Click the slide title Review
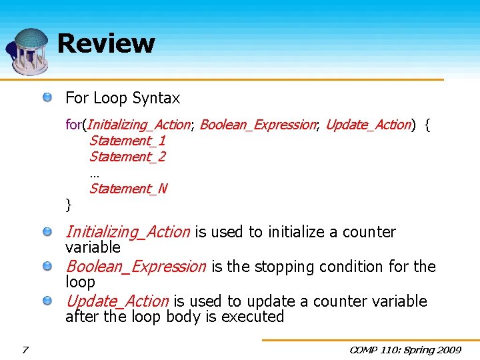point(106,43)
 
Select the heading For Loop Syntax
point(123,99)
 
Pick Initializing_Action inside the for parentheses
point(139,125)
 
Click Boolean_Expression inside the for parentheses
point(257,125)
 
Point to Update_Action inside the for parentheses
point(367,125)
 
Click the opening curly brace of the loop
point(427,125)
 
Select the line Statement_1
point(127,141)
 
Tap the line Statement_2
point(127,157)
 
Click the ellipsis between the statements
point(94,173)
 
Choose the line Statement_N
point(128,189)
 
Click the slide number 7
point(25,349)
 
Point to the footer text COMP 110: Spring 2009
point(406,349)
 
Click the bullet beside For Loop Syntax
point(48,98)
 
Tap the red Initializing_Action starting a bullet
point(127,232)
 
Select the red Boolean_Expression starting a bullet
point(136,267)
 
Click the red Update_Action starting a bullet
point(117,301)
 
